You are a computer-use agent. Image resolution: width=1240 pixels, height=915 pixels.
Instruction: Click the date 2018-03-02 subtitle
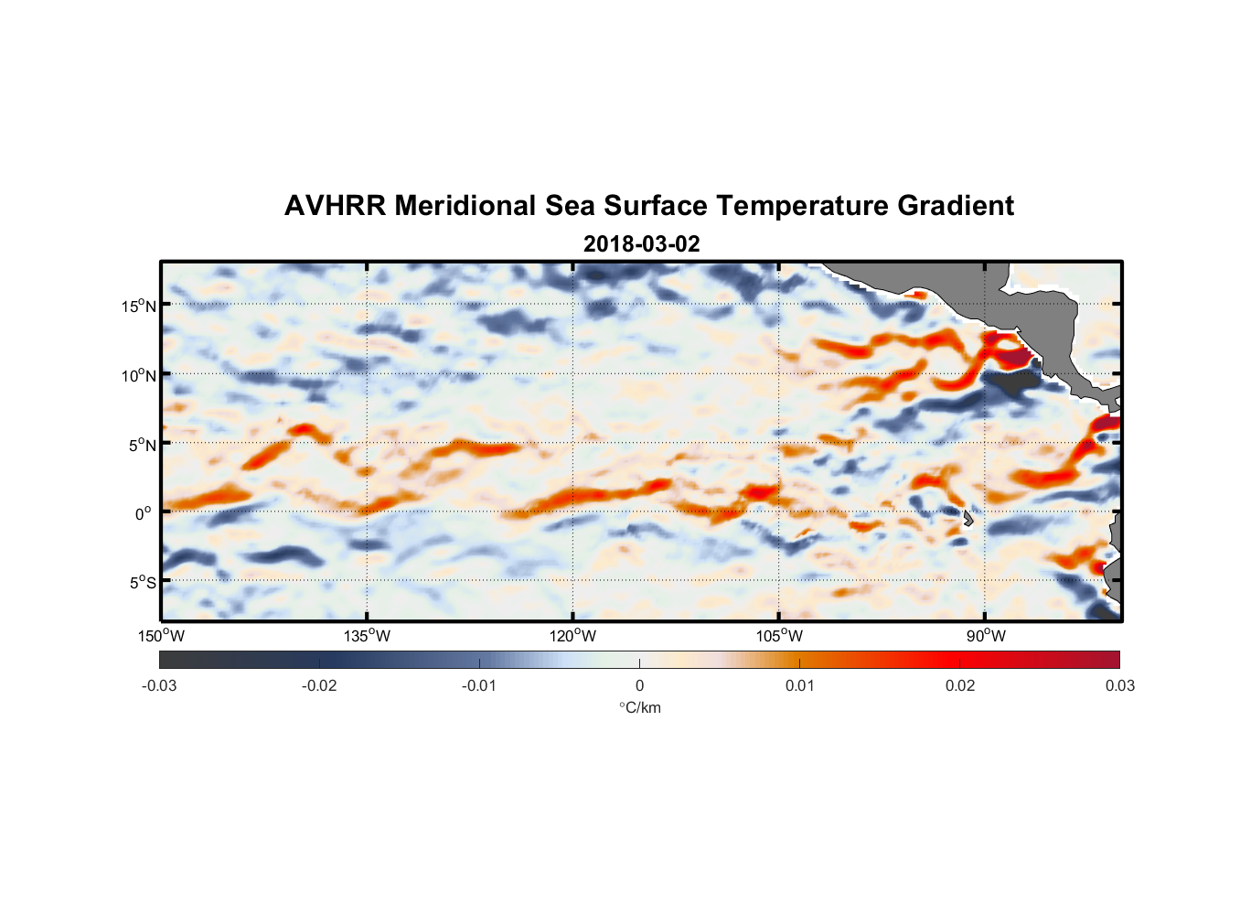point(641,244)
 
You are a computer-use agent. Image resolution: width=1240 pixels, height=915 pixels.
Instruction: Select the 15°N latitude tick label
point(139,306)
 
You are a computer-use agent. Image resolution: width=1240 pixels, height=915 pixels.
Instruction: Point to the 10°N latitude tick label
point(139,375)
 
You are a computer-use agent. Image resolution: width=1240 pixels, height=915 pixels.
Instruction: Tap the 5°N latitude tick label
point(142,445)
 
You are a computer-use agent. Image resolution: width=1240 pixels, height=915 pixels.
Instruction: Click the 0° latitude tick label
point(144,513)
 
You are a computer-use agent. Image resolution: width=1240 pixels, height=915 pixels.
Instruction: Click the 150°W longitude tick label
point(161,636)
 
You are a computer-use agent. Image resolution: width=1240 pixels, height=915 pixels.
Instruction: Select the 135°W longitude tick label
point(367,636)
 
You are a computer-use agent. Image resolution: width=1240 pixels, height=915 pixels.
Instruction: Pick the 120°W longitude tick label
point(572,636)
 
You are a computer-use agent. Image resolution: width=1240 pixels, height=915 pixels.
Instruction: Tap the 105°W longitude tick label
point(779,636)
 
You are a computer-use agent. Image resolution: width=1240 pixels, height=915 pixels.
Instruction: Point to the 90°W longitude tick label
point(985,636)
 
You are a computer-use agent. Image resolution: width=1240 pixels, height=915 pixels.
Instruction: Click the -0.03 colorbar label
point(159,686)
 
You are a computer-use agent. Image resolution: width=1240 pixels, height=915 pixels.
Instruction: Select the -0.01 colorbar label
point(479,686)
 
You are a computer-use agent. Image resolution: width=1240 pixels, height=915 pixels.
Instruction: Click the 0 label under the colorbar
point(639,686)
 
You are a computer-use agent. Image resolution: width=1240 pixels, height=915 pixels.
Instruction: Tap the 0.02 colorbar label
point(960,686)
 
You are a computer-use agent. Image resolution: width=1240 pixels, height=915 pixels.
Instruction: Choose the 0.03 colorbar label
point(1119,686)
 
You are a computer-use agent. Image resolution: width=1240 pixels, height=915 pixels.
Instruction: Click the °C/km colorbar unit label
point(639,707)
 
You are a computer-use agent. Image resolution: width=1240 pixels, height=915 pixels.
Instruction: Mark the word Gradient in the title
point(956,206)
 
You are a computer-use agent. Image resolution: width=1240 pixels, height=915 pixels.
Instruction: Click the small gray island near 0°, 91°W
point(967,518)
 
